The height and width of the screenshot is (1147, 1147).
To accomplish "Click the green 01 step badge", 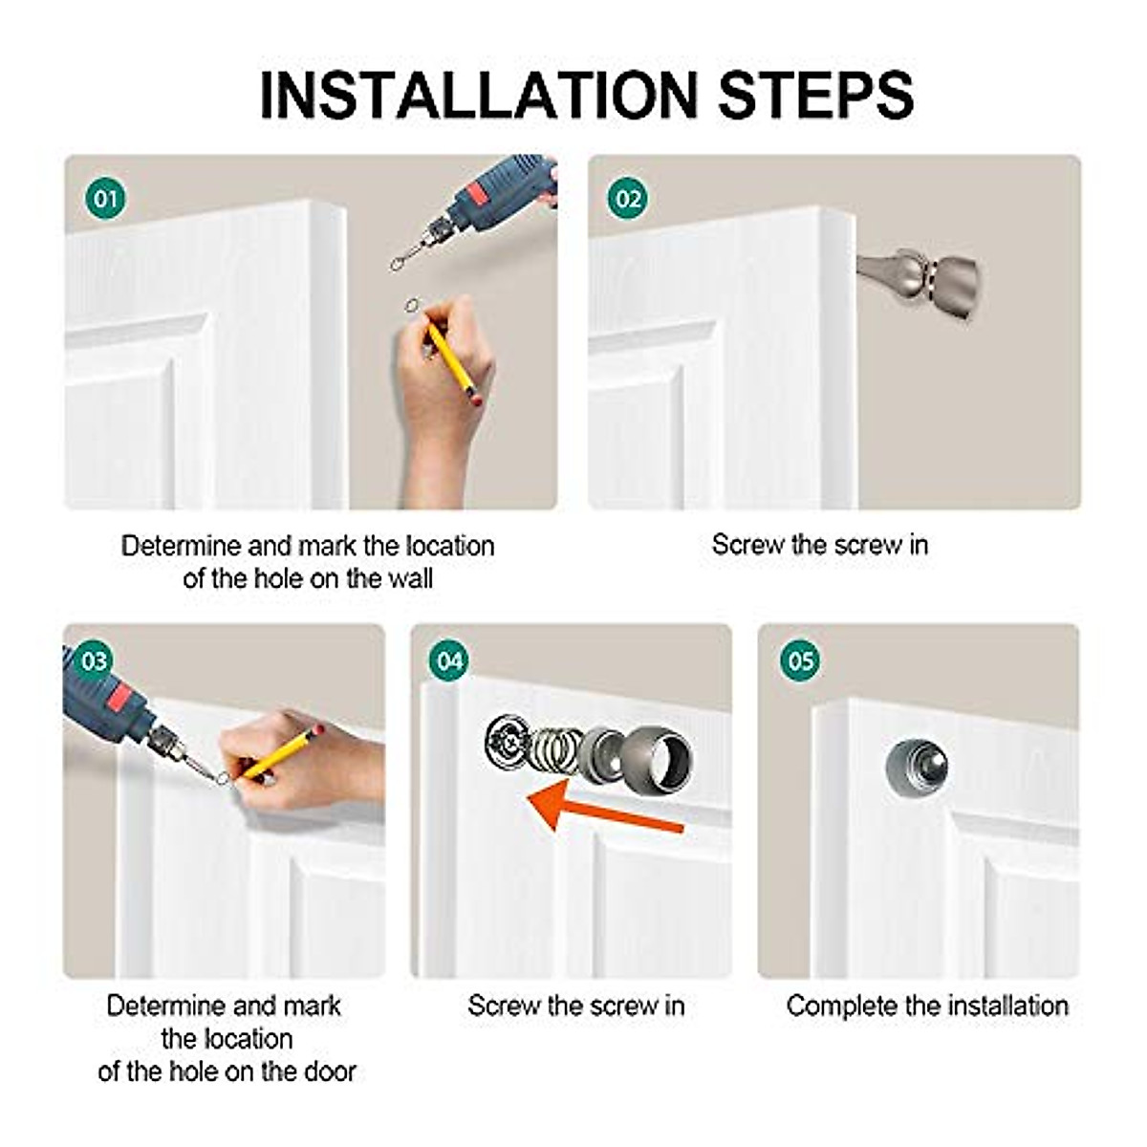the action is click(105, 198).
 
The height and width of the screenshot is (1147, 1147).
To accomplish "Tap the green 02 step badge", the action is click(627, 198).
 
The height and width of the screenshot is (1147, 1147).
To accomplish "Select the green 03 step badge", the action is click(94, 660).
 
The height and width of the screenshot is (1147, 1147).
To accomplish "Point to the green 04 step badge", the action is click(449, 660).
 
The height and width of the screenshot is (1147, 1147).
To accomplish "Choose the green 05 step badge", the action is click(801, 660).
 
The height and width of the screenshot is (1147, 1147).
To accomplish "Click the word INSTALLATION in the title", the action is click(478, 96).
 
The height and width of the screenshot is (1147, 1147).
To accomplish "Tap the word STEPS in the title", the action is click(815, 96).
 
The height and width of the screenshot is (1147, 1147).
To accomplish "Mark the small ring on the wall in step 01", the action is click(411, 305).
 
